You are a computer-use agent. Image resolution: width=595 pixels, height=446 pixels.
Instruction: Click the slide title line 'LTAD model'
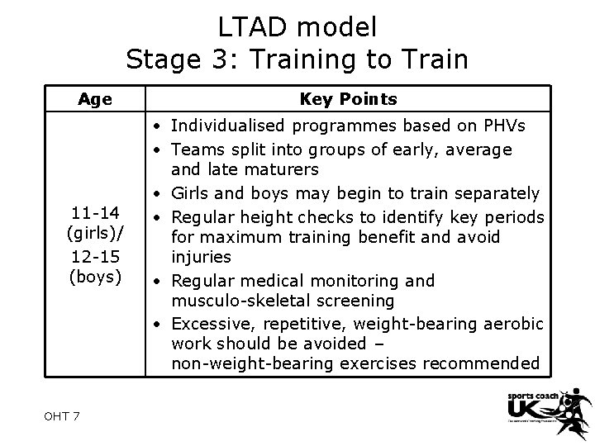(297, 26)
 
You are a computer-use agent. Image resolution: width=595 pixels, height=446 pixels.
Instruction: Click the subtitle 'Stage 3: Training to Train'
(297, 59)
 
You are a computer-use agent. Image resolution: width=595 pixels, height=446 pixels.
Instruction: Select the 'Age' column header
(95, 99)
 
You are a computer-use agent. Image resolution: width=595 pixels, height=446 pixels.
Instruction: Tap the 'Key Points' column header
(348, 99)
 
